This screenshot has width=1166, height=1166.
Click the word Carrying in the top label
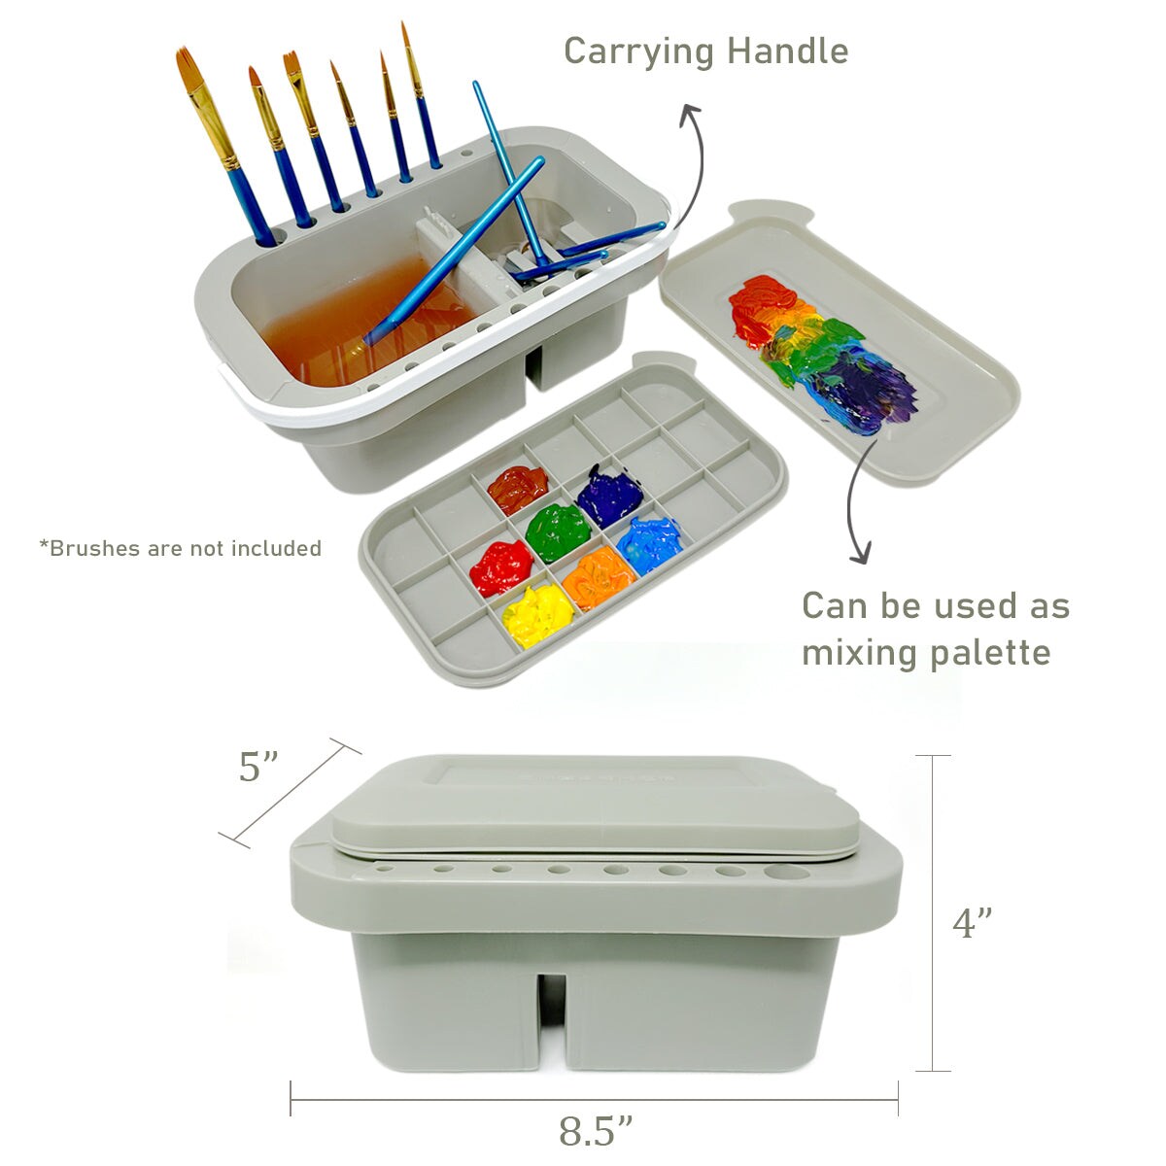coord(639,52)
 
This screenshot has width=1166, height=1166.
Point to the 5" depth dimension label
coord(258,768)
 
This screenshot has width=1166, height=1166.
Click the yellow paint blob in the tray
coord(538,617)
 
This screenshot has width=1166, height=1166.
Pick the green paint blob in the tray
coord(558,533)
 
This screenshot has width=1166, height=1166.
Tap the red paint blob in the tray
coord(501,568)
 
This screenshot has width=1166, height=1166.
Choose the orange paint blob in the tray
coord(600,578)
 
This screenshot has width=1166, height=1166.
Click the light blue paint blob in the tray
coord(649,544)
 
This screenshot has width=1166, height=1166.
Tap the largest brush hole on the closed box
coord(787,872)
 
